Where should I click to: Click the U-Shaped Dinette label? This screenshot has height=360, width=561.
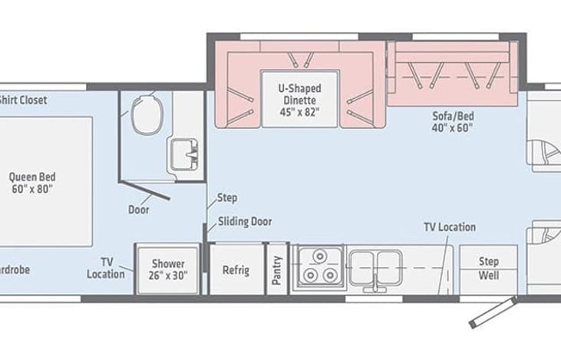pyautogui.click(x=299, y=88)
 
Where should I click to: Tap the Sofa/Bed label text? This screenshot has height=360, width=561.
pyautogui.click(x=452, y=117)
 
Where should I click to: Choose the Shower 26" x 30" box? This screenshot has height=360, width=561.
pyautogui.click(x=167, y=269)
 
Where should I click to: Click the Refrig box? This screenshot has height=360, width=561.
pyautogui.click(x=236, y=269)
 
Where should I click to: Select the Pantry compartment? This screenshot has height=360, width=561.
pyautogui.click(x=277, y=269)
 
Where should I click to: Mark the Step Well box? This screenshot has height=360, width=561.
pyautogui.click(x=489, y=268)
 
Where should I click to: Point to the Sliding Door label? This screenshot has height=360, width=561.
pyautogui.click(x=244, y=222)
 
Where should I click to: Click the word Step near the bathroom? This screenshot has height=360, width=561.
pyautogui.click(x=227, y=197)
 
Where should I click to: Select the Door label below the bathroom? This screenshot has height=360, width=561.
pyautogui.click(x=139, y=209)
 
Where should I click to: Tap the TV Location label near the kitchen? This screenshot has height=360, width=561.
pyautogui.click(x=450, y=227)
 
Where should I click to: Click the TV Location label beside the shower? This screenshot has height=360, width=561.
pyautogui.click(x=105, y=268)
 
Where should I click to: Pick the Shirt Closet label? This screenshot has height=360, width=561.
pyautogui.click(x=23, y=100)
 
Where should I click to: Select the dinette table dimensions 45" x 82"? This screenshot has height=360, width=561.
pyautogui.click(x=299, y=111)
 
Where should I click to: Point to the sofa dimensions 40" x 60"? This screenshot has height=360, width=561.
pyautogui.click(x=452, y=128)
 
